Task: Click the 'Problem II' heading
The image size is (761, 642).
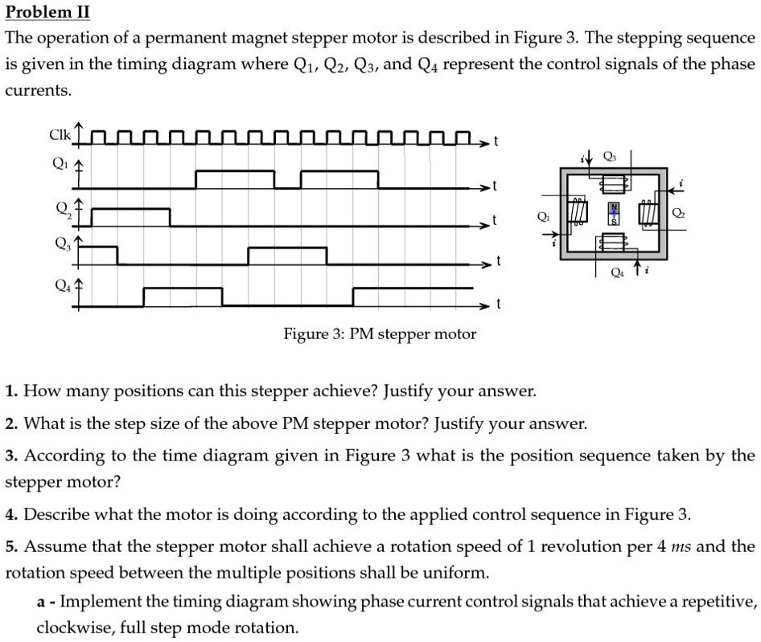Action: (x=47, y=14)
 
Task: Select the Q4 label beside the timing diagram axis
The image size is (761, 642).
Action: (x=58, y=283)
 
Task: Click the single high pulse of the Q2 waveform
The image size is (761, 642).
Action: (x=130, y=209)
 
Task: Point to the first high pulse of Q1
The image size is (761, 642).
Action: (x=235, y=172)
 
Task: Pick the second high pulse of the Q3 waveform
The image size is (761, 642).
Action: (x=287, y=249)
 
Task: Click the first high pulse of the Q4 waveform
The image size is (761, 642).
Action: (x=182, y=288)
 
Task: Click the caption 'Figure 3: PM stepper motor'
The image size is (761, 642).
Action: (x=380, y=333)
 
